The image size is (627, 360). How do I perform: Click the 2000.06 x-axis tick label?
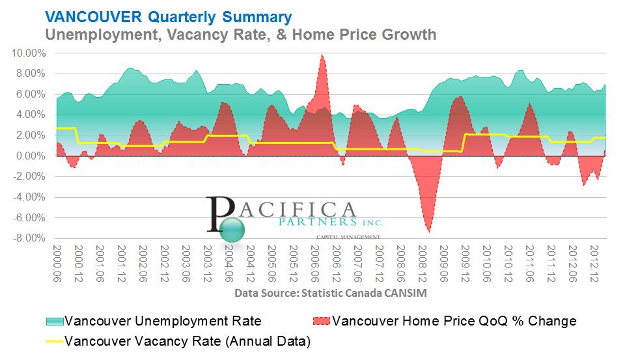[x=56, y=265]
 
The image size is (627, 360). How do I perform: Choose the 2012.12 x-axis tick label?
[x=594, y=265]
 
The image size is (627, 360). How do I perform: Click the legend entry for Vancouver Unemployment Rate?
[x=163, y=321]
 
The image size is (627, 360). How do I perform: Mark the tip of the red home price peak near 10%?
[x=322, y=55]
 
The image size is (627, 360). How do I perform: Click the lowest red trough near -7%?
[x=428, y=231]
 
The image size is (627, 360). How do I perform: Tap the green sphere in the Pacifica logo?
[x=232, y=228]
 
